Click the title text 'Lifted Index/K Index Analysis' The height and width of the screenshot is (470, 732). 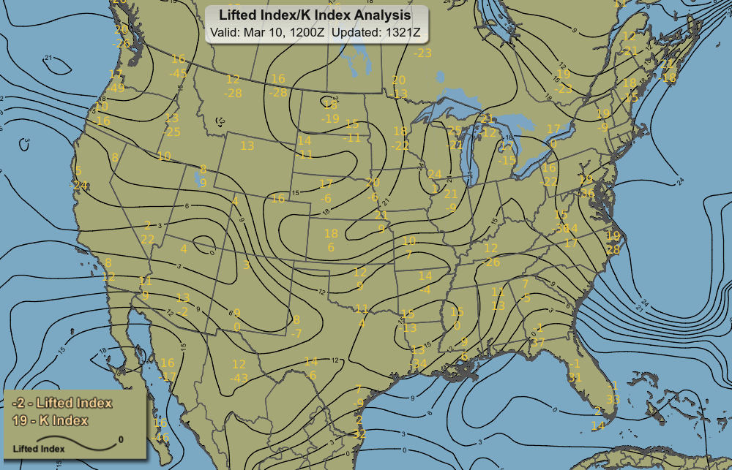[x=315, y=15]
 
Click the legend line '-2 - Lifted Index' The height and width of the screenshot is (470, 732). [x=62, y=403]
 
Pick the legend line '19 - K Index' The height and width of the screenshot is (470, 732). [x=51, y=420]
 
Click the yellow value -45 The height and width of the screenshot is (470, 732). [x=178, y=73]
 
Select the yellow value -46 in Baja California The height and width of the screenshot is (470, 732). [x=161, y=438]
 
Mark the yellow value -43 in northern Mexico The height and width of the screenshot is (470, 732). [x=239, y=378]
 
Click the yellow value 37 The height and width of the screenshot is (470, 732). [x=539, y=341]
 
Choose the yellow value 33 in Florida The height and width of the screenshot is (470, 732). [x=613, y=399]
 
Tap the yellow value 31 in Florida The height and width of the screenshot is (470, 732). [x=575, y=377]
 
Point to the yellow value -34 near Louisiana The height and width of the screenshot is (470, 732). [x=418, y=363]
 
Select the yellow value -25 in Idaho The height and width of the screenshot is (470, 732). [x=173, y=132]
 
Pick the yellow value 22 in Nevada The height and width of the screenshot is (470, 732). [x=148, y=239]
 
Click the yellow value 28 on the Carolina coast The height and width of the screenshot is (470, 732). [x=613, y=249]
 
